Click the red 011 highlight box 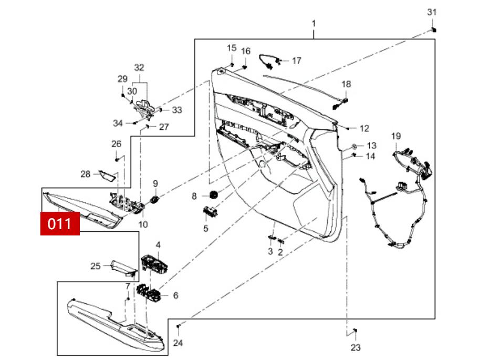(x=60, y=223)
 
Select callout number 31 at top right (x=431, y=12)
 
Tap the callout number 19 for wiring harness (x=395, y=136)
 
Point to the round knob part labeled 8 (x=213, y=195)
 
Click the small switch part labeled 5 (x=211, y=212)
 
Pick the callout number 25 (x=95, y=266)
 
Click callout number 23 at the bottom (x=356, y=347)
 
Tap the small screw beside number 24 (x=179, y=326)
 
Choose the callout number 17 (x=297, y=61)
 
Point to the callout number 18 (x=346, y=84)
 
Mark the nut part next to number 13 (x=355, y=145)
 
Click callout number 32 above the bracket (x=139, y=68)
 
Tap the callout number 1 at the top (x=314, y=24)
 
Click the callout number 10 (x=143, y=224)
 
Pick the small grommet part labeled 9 (x=155, y=199)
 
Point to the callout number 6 (x=175, y=296)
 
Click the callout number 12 (x=364, y=128)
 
